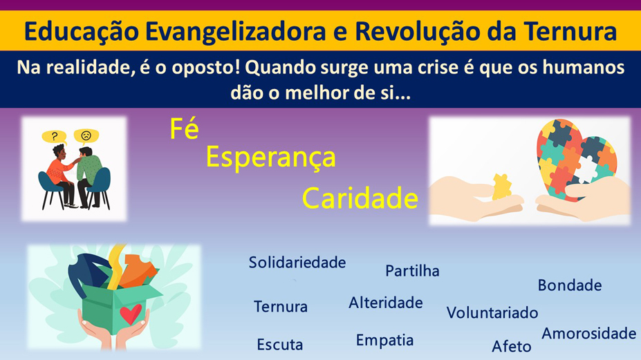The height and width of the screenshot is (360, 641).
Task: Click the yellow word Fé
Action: (x=185, y=129)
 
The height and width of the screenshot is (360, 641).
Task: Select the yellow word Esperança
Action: (x=270, y=158)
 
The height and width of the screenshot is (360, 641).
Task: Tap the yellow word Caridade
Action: (x=360, y=198)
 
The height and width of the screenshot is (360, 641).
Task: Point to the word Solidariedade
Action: (x=297, y=263)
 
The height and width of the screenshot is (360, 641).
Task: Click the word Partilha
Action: (x=412, y=270)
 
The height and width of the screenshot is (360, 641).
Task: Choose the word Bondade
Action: (x=570, y=285)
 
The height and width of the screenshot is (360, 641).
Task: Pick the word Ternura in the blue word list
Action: (x=281, y=307)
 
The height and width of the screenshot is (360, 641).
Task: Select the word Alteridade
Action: (x=386, y=303)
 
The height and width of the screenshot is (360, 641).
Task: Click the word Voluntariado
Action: (x=492, y=312)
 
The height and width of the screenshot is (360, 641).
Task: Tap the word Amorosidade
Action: (x=589, y=334)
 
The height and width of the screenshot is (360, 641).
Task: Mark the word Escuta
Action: (x=280, y=345)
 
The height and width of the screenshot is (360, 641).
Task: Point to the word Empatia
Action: (x=384, y=341)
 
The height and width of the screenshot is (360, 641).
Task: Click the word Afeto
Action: (x=512, y=346)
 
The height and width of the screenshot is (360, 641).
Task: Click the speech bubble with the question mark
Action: (x=55, y=137)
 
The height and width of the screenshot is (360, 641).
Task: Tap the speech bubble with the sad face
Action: (x=86, y=136)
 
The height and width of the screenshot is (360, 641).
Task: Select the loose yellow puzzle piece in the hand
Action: (x=501, y=187)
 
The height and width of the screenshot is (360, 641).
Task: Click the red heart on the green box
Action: (x=131, y=314)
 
